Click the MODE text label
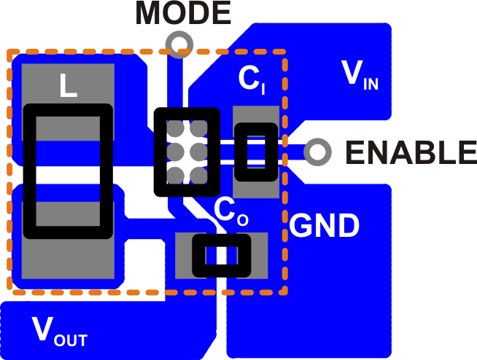click(x=182, y=12)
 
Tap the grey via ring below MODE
click(x=179, y=44)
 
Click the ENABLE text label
click(x=411, y=152)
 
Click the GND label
click(x=325, y=227)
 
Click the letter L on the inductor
click(x=68, y=87)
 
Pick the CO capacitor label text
click(x=231, y=211)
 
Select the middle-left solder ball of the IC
click(x=175, y=152)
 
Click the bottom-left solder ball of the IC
click(x=175, y=175)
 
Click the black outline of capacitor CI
click(x=239, y=152)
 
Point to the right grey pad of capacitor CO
click(x=260, y=255)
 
